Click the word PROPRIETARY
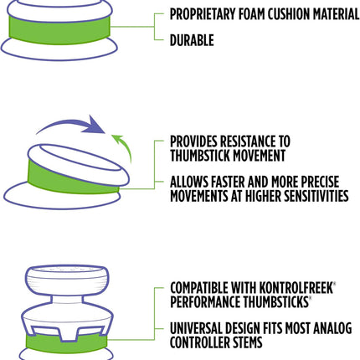coord(203,14)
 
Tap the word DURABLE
coord(192,40)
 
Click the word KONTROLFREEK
coord(296,288)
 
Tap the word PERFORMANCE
coord(205,301)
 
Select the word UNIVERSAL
coord(196,328)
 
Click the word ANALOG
coord(332,328)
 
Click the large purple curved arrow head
coord(95,125)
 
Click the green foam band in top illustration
coord(59,29)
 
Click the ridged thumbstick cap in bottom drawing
coord(66,280)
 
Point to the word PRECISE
coord(320,182)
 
